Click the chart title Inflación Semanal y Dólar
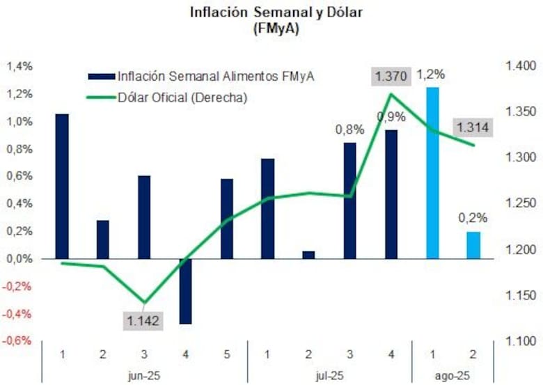271,13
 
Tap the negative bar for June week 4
185,291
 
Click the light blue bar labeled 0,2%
473,245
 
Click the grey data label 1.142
143,321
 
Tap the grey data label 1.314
473,127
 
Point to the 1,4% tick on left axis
19,67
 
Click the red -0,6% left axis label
19,341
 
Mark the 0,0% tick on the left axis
19,259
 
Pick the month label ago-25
452,375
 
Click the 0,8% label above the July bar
350,129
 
